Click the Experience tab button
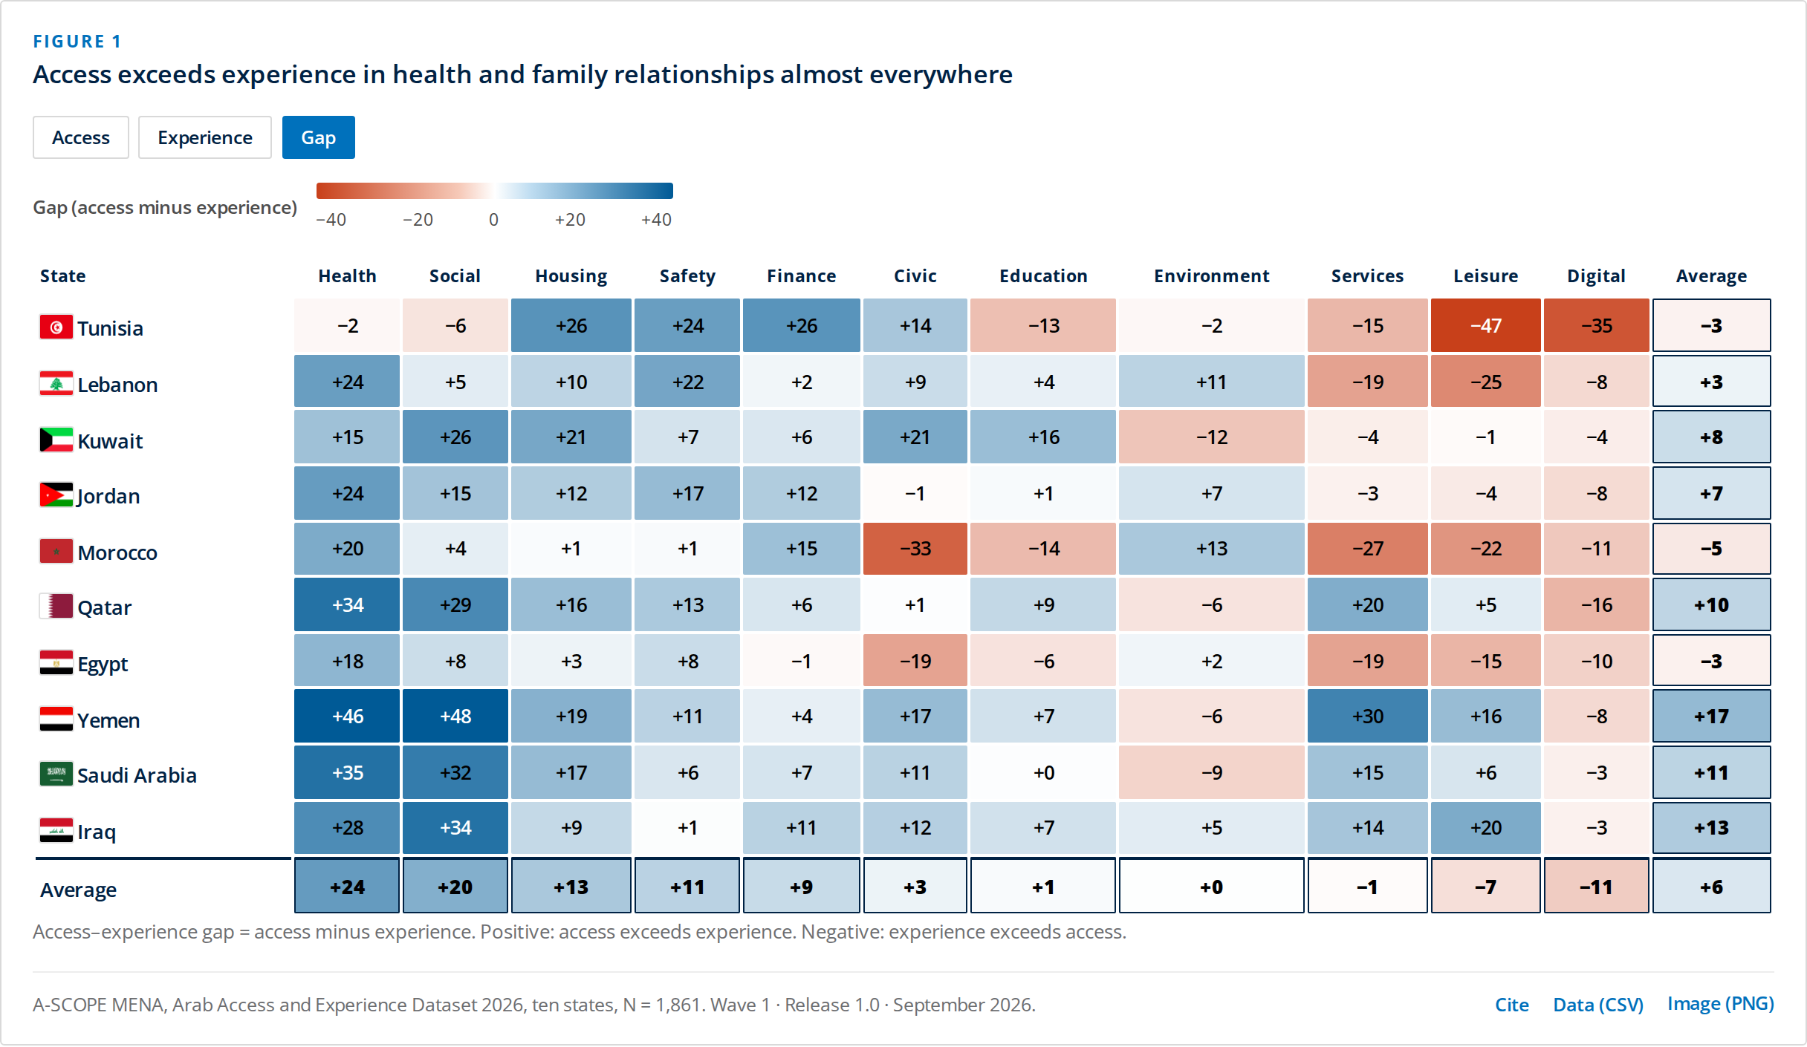click(x=205, y=137)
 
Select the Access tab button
click(x=81, y=137)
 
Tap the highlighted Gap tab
click(x=319, y=137)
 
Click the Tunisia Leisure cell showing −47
click(x=1486, y=325)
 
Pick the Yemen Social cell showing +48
click(x=455, y=716)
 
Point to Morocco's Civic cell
click(x=915, y=549)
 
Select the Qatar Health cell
click(x=347, y=604)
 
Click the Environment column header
click(x=1212, y=276)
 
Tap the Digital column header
click(x=1597, y=276)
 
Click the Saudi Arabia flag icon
click(x=56, y=773)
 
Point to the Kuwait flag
click(x=56, y=439)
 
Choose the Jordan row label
click(x=108, y=496)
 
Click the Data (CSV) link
click(x=1598, y=1005)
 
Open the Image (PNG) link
click(x=1721, y=1004)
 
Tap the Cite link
click(x=1512, y=1005)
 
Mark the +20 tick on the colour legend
click(x=570, y=220)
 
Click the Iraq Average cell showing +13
click(x=1712, y=827)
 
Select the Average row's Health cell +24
click(x=347, y=887)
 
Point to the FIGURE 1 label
click(x=77, y=42)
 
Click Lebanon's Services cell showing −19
click(x=1368, y=382)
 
